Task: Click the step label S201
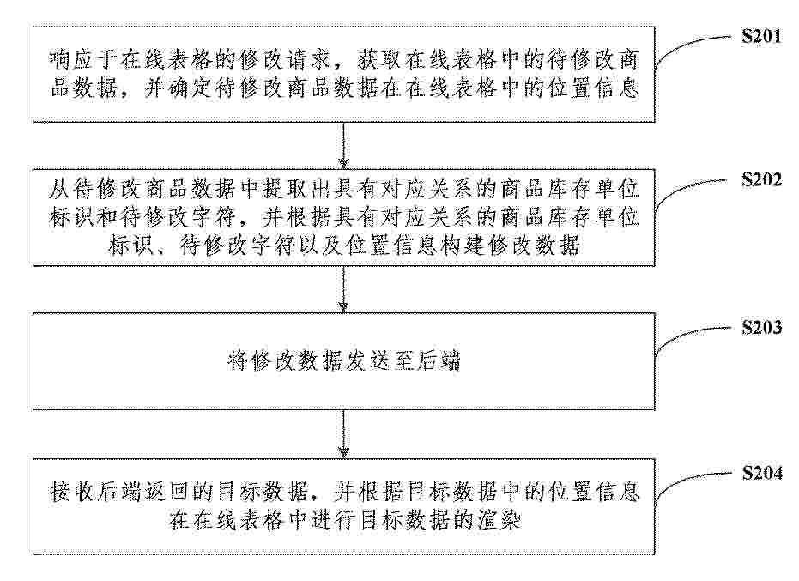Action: click(x=761, y=36)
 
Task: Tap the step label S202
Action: click(x=761, y=179)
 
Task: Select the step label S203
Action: click(x=761, y=327)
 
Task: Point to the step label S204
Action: click(x=761, y=473)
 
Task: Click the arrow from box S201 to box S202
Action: click(x=344, y=146)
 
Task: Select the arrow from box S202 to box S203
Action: click(x=344, y=289)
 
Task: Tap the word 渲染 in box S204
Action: click(x=499, y=520)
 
